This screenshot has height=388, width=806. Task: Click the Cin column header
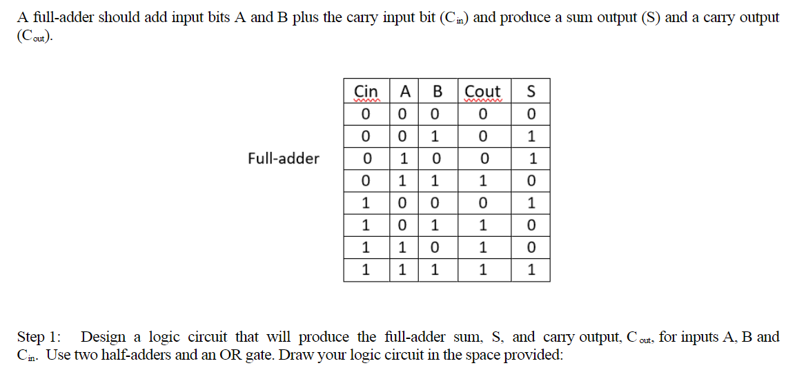click(x=366, y=91)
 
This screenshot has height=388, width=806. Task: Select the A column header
click(x=406, y=91)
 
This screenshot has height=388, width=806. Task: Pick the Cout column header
click(x=483, y=91)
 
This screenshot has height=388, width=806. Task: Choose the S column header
click(x=530, y=91)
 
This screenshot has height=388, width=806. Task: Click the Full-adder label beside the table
click(x=284, y=159)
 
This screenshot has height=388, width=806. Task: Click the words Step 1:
click(x=39, y=338)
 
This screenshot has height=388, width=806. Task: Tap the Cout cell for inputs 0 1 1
click(x=483, y=181)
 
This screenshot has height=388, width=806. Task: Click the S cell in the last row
click(x=530, y=270)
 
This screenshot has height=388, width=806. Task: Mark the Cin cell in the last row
click(x=366, y=270)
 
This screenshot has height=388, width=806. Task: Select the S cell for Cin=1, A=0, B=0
click(x=530, y=203)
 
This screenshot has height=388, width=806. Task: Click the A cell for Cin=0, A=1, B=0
click(x=406, y=159)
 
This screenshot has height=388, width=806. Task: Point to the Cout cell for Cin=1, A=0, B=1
click(x=483, y=225)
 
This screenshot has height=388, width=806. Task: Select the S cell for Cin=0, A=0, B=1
click(x=530, y=136)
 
